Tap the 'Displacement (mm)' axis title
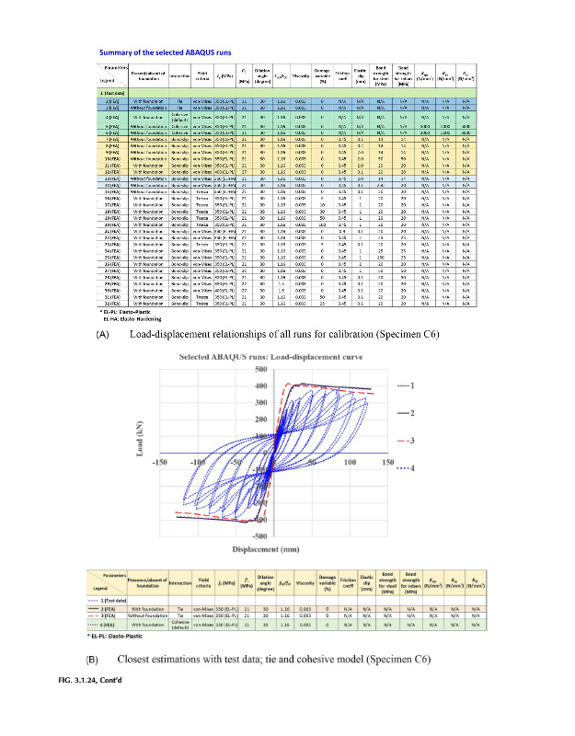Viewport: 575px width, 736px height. pos(273,550)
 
